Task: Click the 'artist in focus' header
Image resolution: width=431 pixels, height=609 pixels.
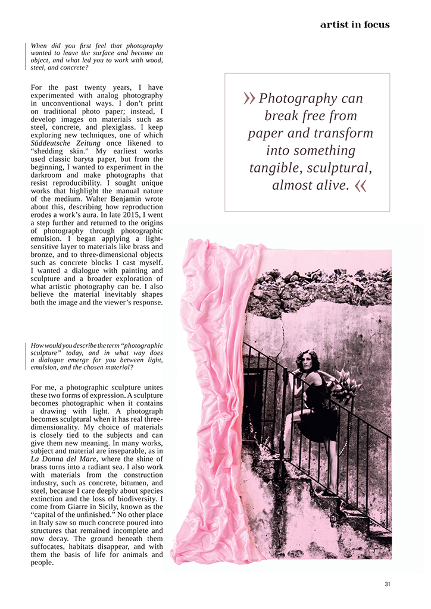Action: tap(355, 24)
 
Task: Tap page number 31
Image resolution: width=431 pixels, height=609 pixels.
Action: tap(388, 584)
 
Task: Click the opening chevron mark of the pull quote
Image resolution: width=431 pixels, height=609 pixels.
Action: tap(249, 99)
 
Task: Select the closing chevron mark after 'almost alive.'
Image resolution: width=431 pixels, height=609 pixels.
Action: tap(360, 186)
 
